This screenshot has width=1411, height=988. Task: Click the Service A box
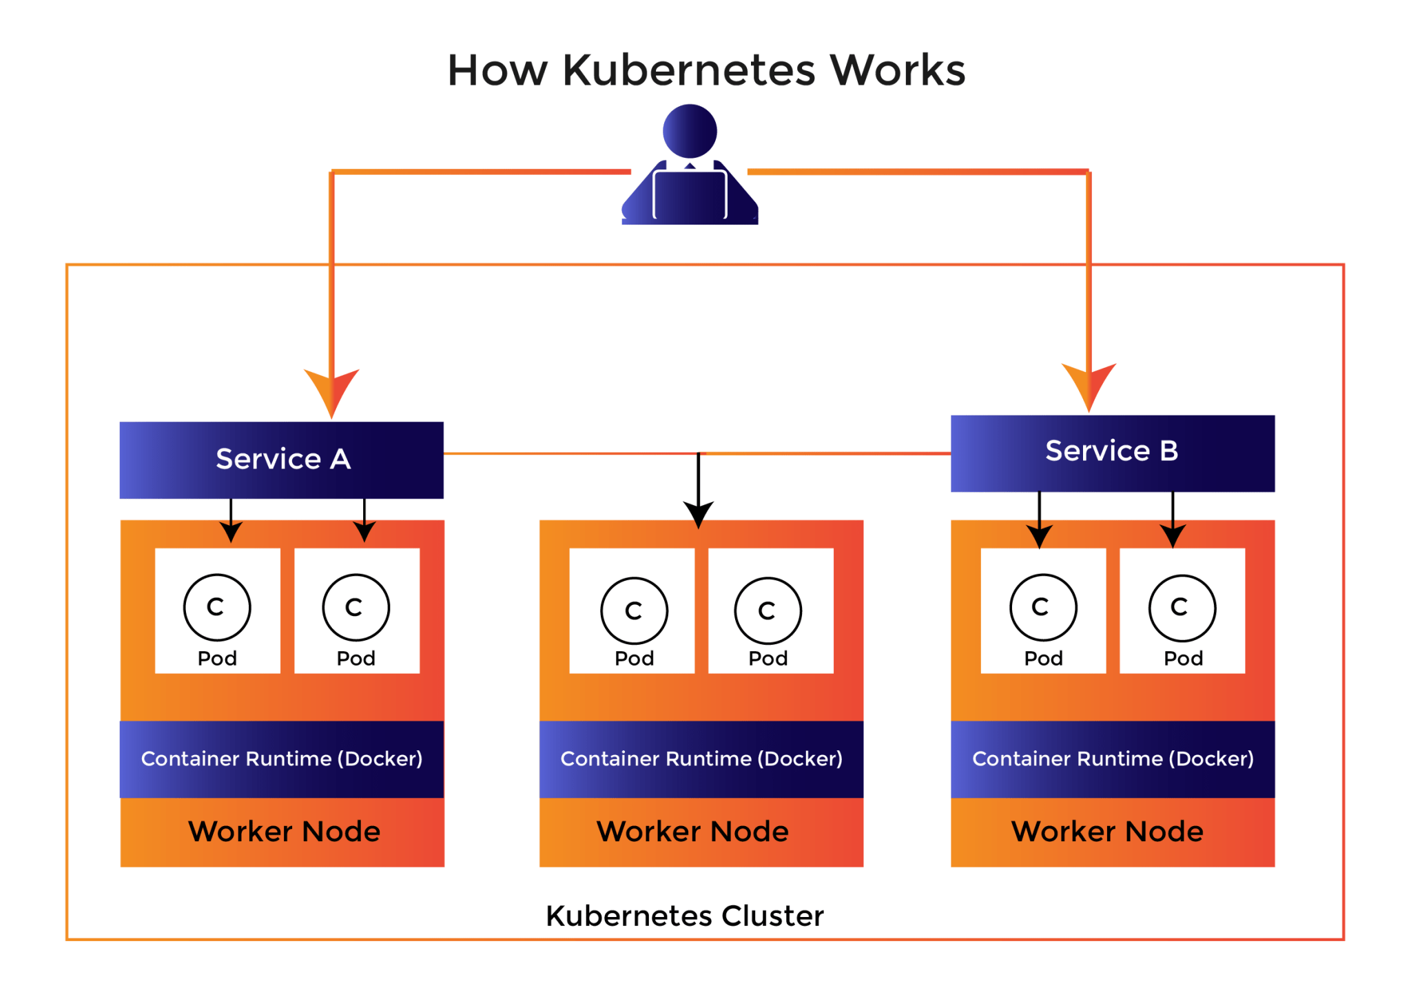click(x=281, y=460)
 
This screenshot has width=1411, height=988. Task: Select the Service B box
click(x=1112, y=453)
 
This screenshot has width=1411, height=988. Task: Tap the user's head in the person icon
click(x=690, y=131)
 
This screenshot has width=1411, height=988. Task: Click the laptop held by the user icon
click(x=690, y=195)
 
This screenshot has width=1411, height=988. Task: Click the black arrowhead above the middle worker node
click(x=699, y=514)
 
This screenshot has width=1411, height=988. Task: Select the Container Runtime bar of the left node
click(x=281, y=759)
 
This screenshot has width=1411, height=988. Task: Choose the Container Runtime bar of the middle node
click(x=701, y=759)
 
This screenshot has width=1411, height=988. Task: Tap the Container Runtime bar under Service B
click(x=1112, y=759)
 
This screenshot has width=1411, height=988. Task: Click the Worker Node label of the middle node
click(x=692, y=832)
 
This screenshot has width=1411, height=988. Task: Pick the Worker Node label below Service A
click(x=284, y=832)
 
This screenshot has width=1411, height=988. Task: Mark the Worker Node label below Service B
click(x=1107, y=832)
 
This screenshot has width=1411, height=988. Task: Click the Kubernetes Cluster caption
click(x=685, y=916)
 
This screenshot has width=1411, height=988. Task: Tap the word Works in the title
click(x=898, y=70)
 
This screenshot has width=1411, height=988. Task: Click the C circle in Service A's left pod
click(x=217, y=608)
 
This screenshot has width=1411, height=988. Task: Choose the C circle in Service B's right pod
click(x=1182, y=608)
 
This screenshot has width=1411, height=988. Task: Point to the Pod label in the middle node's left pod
click(x=634, y=658)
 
